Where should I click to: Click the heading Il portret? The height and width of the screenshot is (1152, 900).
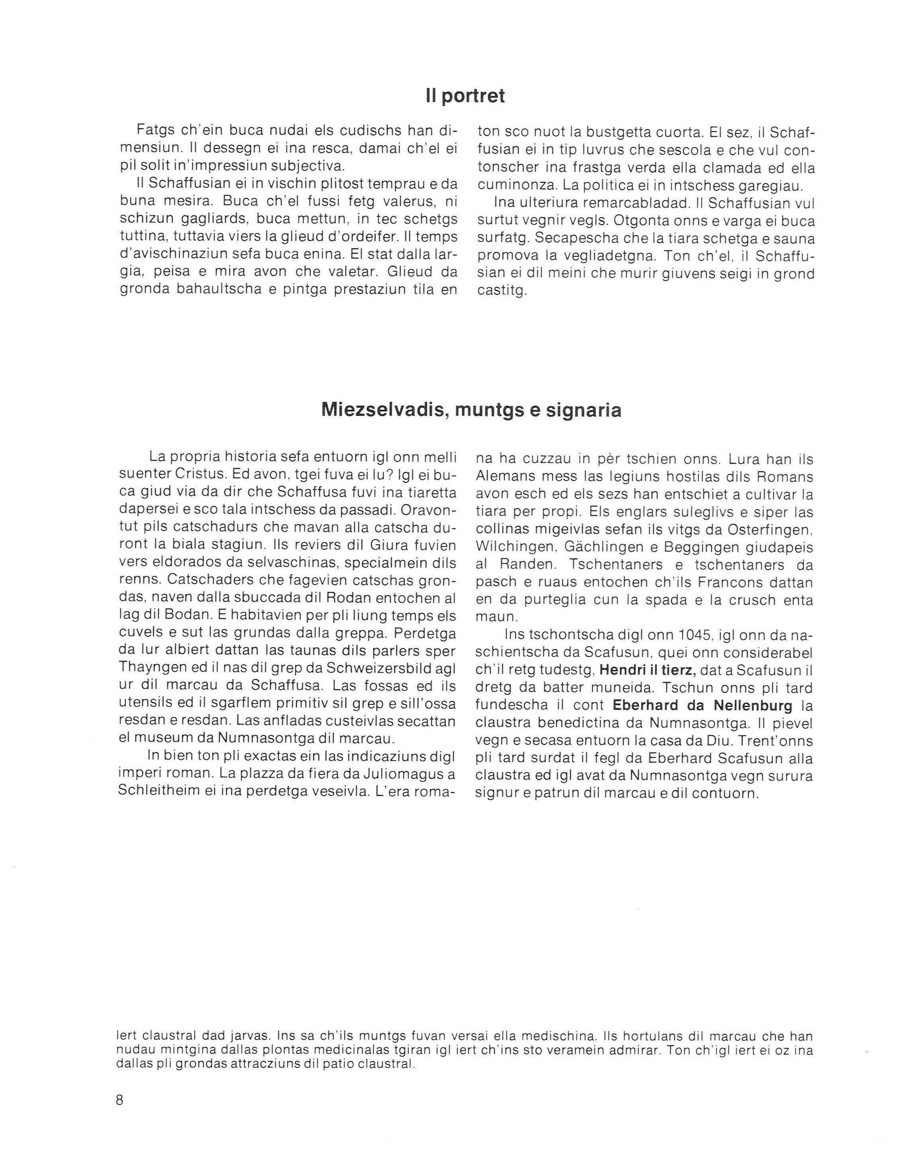[x=465, y=96]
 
